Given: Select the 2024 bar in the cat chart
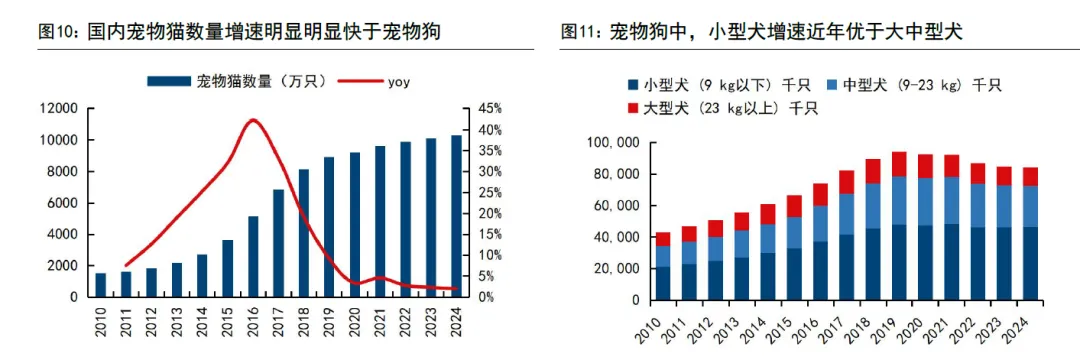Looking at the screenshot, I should tap(456, 216).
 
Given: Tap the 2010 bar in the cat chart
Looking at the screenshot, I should tap(100, 285).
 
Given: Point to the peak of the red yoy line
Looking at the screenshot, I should tap(252, 120).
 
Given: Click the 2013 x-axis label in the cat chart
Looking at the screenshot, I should tap(177, 325).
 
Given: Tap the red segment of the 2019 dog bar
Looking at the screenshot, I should tap(899, 164).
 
